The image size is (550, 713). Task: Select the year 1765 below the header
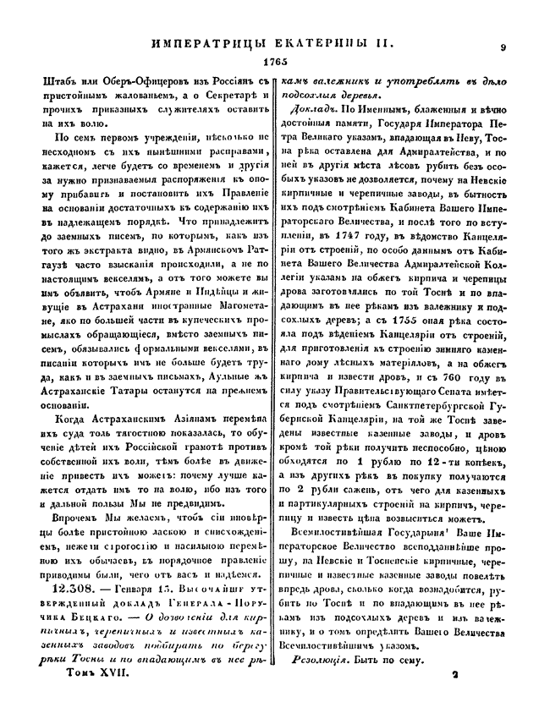tap(276, 63)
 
